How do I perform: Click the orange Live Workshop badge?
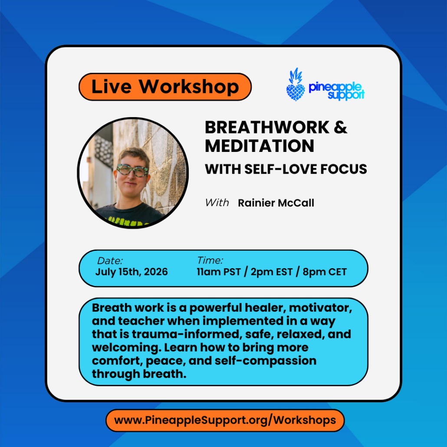[x=165, y=87]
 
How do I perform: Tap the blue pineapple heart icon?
[x=296, y=85]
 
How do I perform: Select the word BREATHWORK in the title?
[x=267, y=127]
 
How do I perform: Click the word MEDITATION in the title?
[x=260, y=146]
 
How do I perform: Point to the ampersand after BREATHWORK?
[x=340, y=127]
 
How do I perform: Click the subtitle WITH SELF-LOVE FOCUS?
[x=286, y=169]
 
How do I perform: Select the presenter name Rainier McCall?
[x=276, y=203]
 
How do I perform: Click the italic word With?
[x=217, y=203]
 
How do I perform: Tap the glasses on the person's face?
[x=132, y=170]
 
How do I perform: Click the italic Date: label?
[x=110, y=260]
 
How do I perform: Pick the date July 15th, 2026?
[x=131, y=272]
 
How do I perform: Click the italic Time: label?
[x=210, y=260]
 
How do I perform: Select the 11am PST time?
[x=219, y=272]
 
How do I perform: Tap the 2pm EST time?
[x=272, y=272]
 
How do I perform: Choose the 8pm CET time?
[x=325, y=272]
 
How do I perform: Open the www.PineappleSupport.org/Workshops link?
[x=225, y=420]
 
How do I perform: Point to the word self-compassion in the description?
[x=266, y=361]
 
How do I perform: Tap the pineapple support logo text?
[x=336, y=91]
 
